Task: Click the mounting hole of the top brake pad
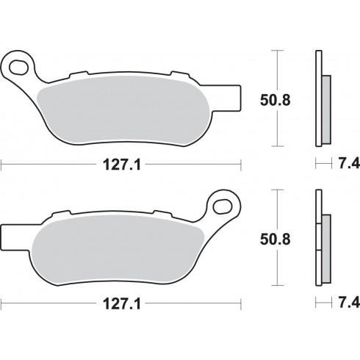coord(18,67)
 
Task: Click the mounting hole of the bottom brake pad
coord(223,206)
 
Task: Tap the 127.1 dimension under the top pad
coord(122,165)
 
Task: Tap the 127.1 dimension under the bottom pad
coord(122,304)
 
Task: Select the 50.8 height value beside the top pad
coord(275,100)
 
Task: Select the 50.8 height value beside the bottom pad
coord(275,240)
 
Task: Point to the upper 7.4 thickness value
coord(349,163)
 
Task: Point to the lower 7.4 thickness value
coord(349,303)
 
